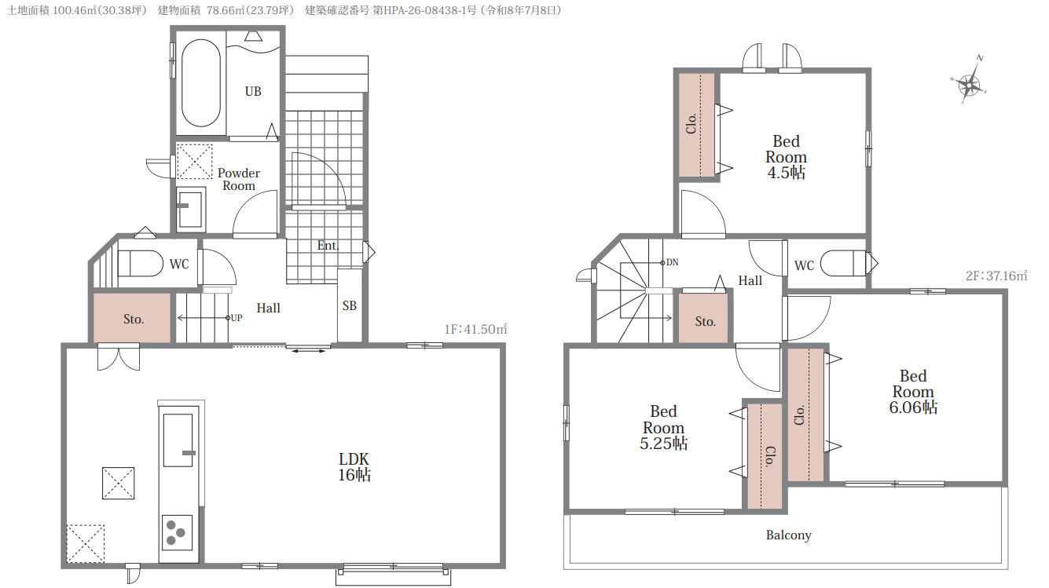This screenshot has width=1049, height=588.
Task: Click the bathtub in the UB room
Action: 201,82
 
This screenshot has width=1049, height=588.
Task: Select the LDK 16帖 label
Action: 354,467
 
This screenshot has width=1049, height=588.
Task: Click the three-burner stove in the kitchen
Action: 177,532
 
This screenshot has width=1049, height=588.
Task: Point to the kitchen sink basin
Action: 178,440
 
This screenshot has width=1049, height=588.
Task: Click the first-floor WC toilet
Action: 140,263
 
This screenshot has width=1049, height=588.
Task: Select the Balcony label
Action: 789,535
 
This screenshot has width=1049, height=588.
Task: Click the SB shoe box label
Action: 350,305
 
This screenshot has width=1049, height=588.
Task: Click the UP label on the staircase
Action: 237,318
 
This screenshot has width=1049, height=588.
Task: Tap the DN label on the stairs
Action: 673,262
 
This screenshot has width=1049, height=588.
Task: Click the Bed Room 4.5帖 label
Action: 786,157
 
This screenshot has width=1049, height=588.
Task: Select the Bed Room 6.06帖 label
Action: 913,392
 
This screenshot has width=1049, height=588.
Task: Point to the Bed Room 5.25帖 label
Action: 664,428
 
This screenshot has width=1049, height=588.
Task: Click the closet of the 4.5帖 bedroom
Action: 696,125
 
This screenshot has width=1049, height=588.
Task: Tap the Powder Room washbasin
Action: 191,208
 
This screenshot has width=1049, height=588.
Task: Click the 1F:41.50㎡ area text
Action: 475,329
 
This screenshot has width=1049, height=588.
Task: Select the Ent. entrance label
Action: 328,246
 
